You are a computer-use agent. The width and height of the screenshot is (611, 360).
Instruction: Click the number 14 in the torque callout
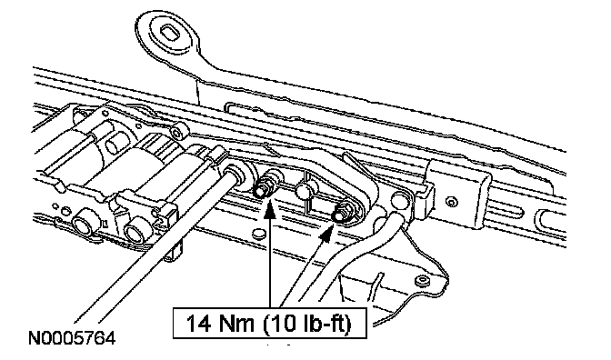tap(199, 323)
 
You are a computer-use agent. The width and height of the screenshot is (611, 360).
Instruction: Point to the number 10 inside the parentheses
tap(285, 323)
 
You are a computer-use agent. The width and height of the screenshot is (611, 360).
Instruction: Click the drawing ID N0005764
tap(72, 337)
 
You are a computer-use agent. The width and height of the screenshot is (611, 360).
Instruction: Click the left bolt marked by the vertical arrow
tap(265, 186)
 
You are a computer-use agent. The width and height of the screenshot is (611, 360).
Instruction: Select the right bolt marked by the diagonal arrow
tap(343, 213)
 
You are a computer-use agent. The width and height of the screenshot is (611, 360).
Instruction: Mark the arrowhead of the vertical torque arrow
tap(270, 207)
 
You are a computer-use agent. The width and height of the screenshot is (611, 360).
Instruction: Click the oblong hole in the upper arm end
tap(170, 33)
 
